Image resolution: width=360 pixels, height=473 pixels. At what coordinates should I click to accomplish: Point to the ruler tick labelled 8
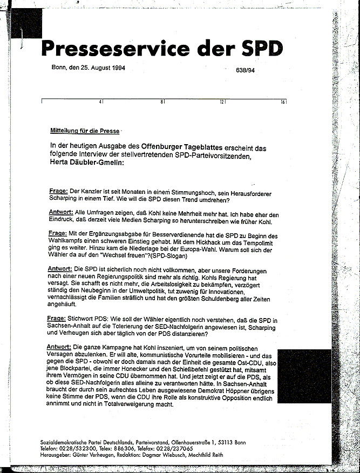162,102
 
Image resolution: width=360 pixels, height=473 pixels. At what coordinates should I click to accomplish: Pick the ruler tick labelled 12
221,102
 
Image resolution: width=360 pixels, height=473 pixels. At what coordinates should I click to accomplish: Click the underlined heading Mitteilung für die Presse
85,131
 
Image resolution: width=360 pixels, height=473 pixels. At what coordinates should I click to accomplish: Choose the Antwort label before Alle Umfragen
61,213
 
